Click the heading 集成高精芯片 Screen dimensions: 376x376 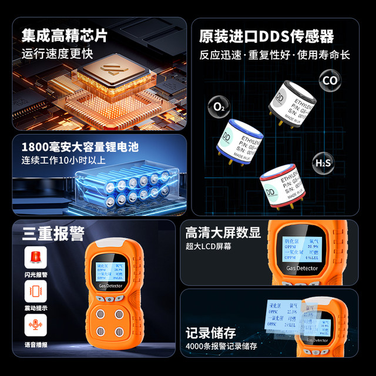pos(65,35)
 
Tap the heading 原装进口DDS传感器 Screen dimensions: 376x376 pos(267,36)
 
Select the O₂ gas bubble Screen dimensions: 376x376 pos(219,107)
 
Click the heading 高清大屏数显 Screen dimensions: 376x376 pos(223,231)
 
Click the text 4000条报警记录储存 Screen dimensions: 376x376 pos(221,347)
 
